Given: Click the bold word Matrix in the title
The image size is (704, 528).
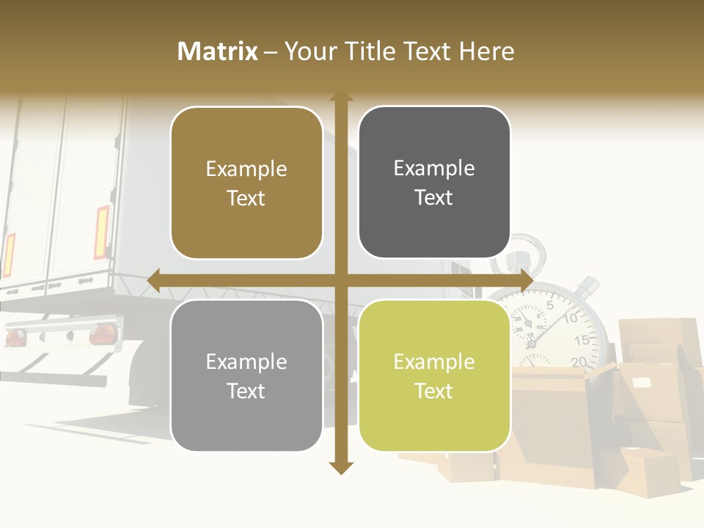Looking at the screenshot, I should click(217, 51).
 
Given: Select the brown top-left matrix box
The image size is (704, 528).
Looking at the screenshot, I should click(246, 183).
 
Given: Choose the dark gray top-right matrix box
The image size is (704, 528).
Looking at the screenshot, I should click(434, 183).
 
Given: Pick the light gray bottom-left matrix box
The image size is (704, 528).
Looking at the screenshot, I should click(246, 375).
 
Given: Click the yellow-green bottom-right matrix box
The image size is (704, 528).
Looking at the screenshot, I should click(434, 375).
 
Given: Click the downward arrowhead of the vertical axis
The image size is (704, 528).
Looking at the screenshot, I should click(340, 468).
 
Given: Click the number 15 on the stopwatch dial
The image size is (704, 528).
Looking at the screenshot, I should click(582, 340).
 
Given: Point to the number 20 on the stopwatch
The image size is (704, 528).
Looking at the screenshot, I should click(578, 361).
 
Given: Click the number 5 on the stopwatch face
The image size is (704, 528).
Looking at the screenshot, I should click(550, 304).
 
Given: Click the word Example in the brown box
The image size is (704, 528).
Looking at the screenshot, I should click(246, 169).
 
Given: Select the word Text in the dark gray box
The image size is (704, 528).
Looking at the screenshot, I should click(434, 197).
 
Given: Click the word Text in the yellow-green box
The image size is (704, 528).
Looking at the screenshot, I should click(434, 391).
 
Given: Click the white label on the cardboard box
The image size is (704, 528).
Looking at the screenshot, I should click(642, 382).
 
